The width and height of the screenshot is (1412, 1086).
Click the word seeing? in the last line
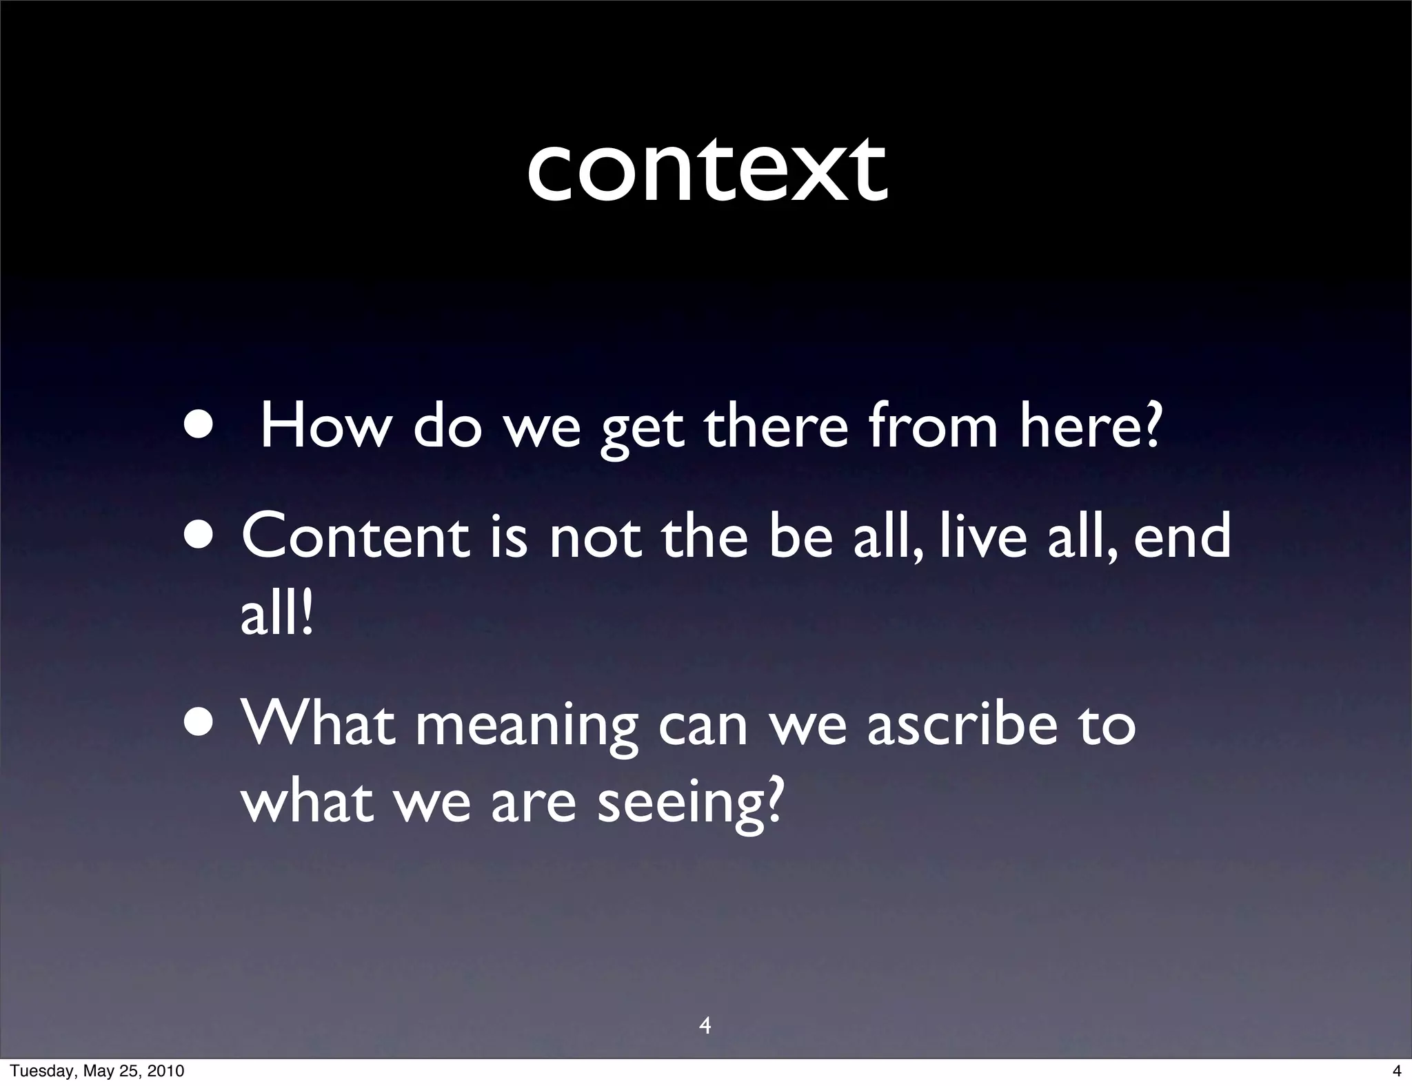(690, 803)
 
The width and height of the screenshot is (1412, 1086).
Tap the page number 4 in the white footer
(1397, 1071)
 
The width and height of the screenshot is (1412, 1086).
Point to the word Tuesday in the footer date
(40, 1071)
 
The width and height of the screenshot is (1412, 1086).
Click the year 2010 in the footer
(165, 1071)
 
